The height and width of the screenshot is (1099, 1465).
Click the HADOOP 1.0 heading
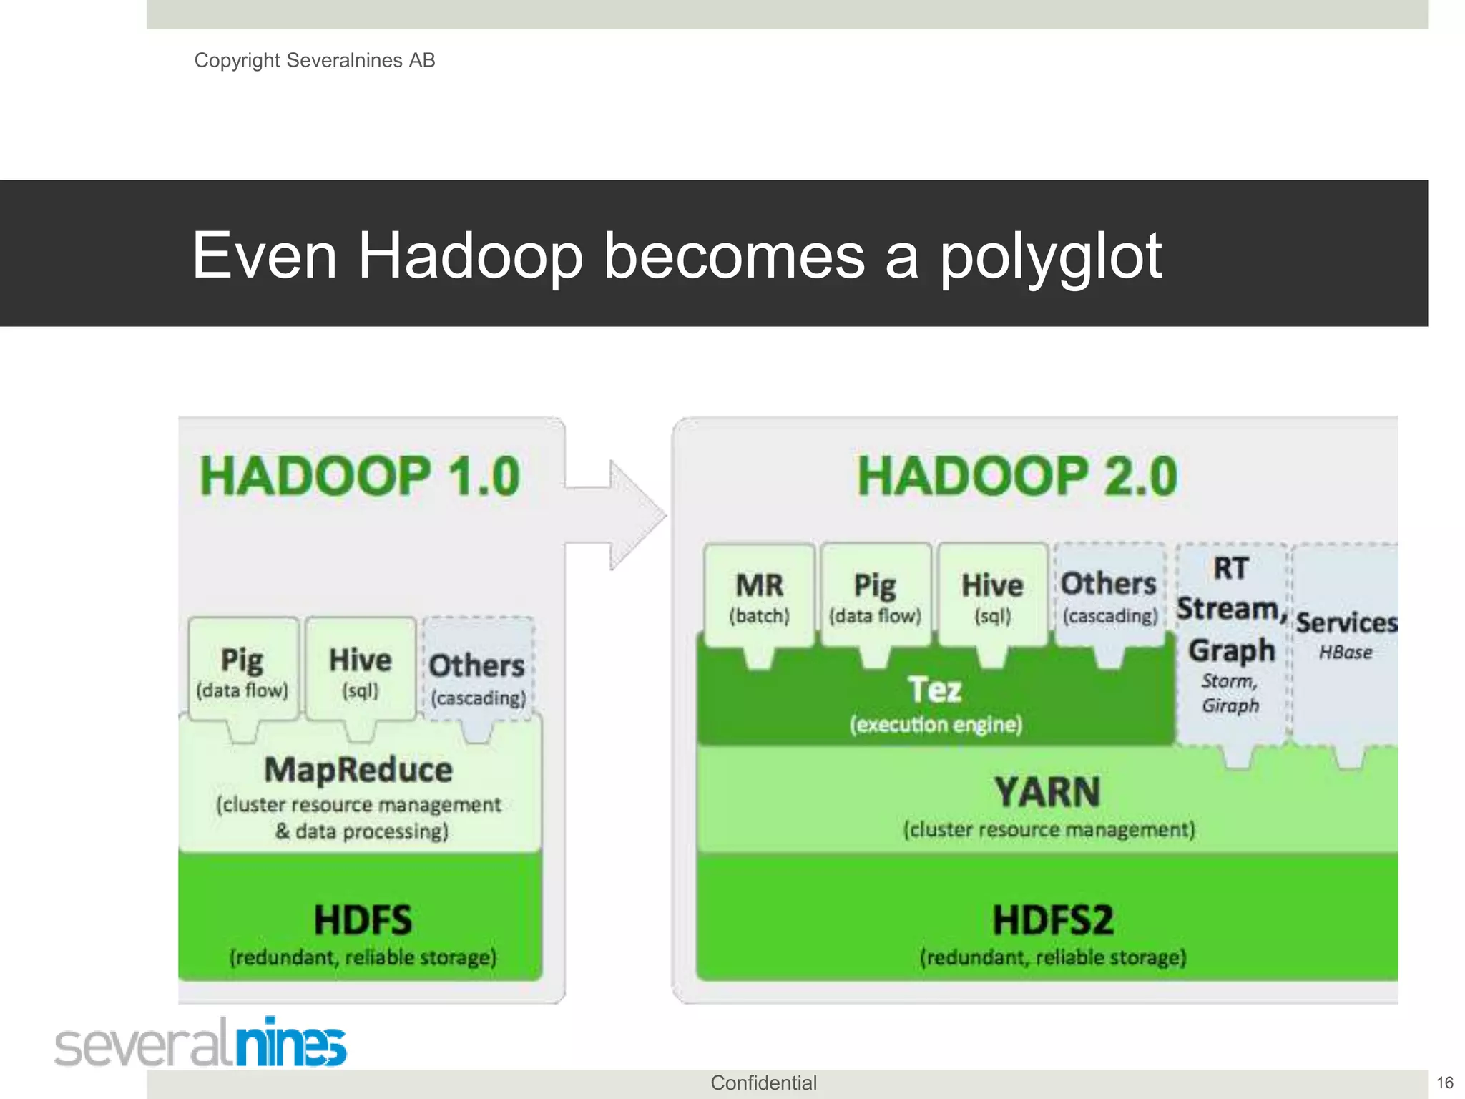coord(360,477)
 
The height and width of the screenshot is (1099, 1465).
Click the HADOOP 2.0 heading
coord(1016,477)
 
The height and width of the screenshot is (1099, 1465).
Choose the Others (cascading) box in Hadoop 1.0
coord(478,676)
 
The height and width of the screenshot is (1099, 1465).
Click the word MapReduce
coord(358,771)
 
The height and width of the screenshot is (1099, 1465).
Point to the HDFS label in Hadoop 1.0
coord(363,920)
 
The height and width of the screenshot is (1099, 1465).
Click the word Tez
coord(934,690)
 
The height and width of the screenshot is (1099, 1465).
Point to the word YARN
coord(1047,793)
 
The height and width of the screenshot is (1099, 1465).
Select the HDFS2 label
coord(1052,920)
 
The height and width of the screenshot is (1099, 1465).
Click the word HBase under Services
coord(1346,653)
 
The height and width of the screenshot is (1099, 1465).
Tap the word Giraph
coord(1230,705)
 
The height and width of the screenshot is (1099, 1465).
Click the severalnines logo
coord(201,1044)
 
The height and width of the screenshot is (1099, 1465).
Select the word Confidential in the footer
coord(763,1083)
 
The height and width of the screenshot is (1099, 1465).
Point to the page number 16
coord(1445,1083)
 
